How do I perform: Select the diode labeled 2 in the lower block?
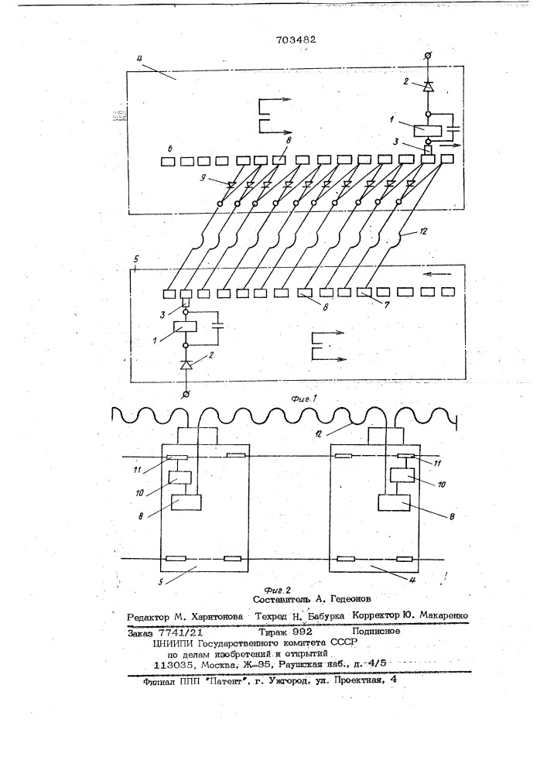(x=186, y=365)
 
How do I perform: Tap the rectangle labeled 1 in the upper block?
(x=426, y=130)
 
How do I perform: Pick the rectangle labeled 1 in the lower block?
(x=186, y=327)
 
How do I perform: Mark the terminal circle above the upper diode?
(x=428, y=57)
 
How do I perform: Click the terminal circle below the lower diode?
(x=186, y=393)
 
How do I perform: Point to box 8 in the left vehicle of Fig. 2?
(x=186, y=502)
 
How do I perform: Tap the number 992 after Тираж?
(x=303, y=632)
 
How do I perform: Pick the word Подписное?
(x=376, y=631)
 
